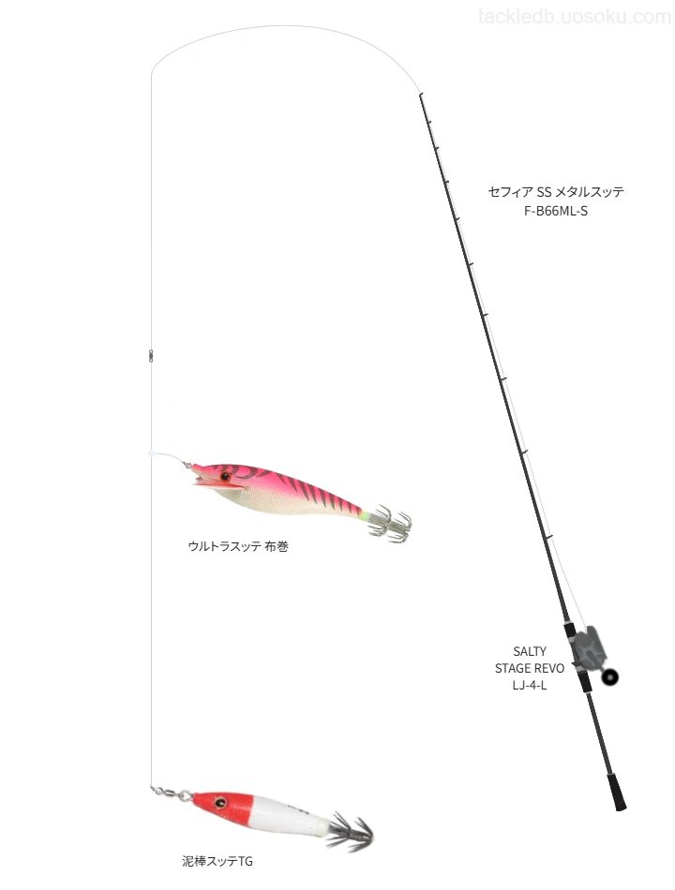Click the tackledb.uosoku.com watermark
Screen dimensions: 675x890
click(x=575, y=17)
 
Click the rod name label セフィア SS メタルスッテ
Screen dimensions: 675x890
click(x=556, y=192)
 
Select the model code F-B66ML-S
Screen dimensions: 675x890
click(x=556, y=211)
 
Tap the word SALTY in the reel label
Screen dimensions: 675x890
click(x=530, y=651)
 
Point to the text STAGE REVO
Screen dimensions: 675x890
click(x=530, y=668)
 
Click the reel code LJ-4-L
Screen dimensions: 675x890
click(x=530, y=685)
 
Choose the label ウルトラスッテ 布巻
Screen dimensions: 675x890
click(x=238, y=546)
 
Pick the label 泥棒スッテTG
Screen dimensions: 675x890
click(x=217, y=861)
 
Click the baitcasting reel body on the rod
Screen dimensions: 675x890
click(x=589, y=648)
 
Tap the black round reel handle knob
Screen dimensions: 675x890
click(x=610, y=676)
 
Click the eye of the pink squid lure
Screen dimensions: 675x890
click(x=226, y=476)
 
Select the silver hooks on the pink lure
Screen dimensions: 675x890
click(x=390, y=522)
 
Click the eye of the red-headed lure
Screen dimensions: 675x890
click(x=220, y=802)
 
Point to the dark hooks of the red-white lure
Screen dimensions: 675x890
click(x=351, y=832)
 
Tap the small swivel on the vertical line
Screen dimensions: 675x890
click(x=151, y=356)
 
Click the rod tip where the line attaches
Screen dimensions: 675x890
click(x=420, y=95)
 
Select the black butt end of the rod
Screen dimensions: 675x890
click(x=617, y=792)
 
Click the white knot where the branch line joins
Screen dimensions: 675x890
click(x=151, y=453)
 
